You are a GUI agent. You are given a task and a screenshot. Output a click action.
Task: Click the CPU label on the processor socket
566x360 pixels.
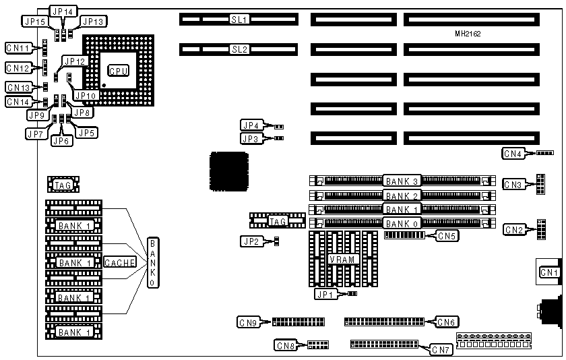pyautogui.click(x=119, y=70)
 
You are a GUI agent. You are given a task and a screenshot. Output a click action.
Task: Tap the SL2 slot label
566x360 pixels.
pyautogui.click(x=240, y=49)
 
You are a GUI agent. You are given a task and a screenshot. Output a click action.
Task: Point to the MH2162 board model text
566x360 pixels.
pyautogui.click(x=467, y=33)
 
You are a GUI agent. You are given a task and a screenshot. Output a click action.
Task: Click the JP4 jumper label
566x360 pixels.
pyautogui.click(x=251, y=125)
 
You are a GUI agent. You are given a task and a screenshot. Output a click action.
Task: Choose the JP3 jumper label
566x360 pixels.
pyautogui.click(x=251, y=138)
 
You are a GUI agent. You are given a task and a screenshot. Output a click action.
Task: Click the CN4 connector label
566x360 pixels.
pyautogui.click(x=513, y=154)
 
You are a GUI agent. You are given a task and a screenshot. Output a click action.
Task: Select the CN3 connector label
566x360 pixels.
pyautogui.click(x=513, y=184)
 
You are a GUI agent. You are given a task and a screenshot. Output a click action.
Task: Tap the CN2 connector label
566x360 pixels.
pyautogui.click(x=513, y=230)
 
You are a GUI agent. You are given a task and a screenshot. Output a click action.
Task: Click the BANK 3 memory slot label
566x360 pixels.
pyautogui.click(x=402, y=181)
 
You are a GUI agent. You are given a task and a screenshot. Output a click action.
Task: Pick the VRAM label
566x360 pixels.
pyautogui.click(x=342, y=260)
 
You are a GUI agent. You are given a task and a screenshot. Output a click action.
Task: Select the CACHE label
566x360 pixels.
pyautogui.click(x=121, y=262)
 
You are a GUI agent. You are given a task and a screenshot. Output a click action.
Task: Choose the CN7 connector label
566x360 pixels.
pyautogui.click(x=441, y=349)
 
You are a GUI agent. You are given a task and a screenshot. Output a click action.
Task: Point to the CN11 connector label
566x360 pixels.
pyautogui.click(x=18, y=49)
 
